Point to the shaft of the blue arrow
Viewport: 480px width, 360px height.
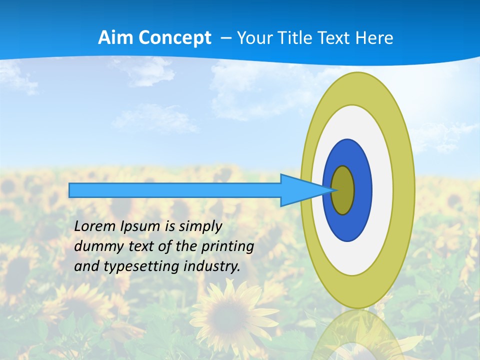coord(175,190)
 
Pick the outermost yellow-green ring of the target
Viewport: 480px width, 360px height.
coord(404,190)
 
